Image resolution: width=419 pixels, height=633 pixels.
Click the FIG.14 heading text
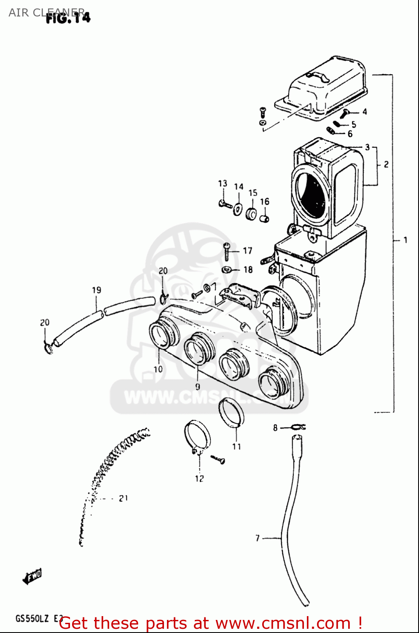[68, 18]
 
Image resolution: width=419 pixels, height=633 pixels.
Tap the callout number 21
[123, 498]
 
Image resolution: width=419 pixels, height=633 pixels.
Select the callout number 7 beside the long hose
[258, 538]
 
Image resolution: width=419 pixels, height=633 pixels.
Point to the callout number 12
[199, 479]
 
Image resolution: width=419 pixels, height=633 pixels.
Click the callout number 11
[236, 446]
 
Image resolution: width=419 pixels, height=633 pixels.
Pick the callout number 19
[97, 290]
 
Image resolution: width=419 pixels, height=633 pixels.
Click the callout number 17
[247, 251]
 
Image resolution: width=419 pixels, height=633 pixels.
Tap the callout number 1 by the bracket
[405, 240]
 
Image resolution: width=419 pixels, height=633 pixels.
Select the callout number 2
[386, 165]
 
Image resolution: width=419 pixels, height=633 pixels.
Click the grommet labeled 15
[251, 214]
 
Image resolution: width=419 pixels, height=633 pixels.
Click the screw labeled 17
[227, 252]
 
